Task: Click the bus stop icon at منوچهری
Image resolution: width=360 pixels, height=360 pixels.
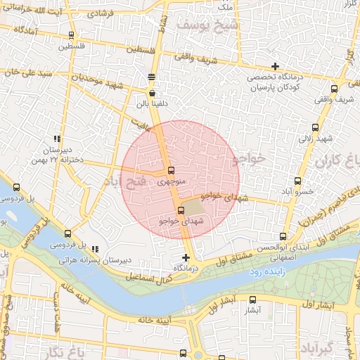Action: click(x=171, y=171)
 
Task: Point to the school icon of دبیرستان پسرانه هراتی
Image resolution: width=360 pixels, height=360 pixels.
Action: click(x=95, y=249)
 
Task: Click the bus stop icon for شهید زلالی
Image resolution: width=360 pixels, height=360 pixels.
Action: click(x=314, y=128)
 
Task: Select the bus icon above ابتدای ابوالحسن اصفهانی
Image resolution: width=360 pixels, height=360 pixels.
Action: click(x=283, y=236)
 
